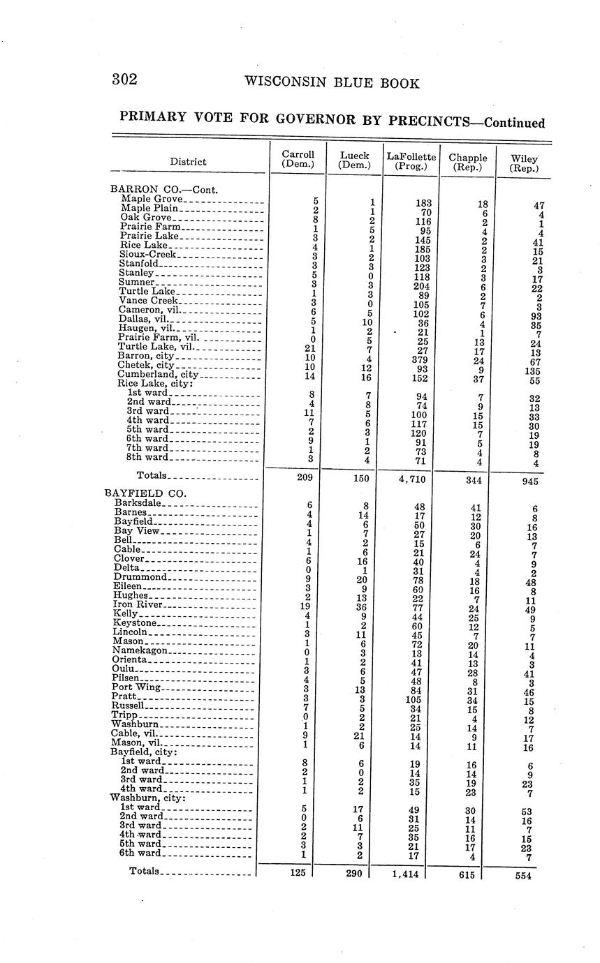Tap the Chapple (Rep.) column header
coord(468,163)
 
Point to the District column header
coord(188,162)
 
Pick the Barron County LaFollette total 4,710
coord(411,479)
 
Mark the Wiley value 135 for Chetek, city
coord(534,372)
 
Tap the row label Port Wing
coord(136,687)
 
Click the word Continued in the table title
coord(514,123)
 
